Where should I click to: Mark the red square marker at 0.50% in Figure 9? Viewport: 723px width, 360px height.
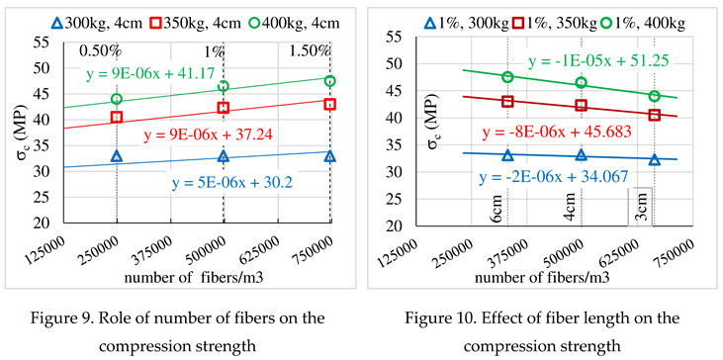(x=117, y=117)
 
